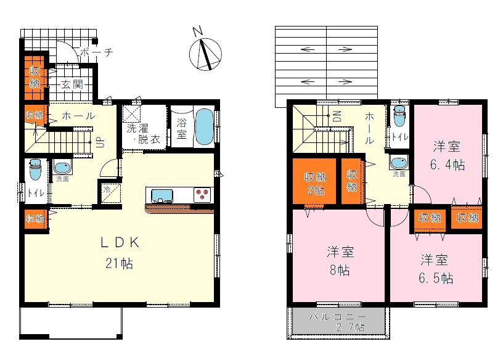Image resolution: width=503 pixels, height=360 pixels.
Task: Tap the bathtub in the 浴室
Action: tap(204, 127)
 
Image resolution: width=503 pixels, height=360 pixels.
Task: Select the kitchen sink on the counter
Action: tap(162, 195)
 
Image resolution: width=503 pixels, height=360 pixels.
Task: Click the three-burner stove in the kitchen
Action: tap(202, 195)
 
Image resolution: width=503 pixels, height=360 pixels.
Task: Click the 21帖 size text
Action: tap(118, 264)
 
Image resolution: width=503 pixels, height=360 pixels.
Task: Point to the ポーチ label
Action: tap(97, 53)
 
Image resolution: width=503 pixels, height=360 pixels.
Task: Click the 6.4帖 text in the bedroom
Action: tap(448, 165)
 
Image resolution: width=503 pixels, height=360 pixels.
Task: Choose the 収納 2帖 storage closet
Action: tap(314, 181)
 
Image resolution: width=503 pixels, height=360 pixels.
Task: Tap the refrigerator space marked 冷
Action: tap(110, 191)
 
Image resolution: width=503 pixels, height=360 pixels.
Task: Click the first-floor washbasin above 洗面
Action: tap(62, 167)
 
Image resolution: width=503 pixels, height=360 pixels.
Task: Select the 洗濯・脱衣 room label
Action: tap(143, 134)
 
